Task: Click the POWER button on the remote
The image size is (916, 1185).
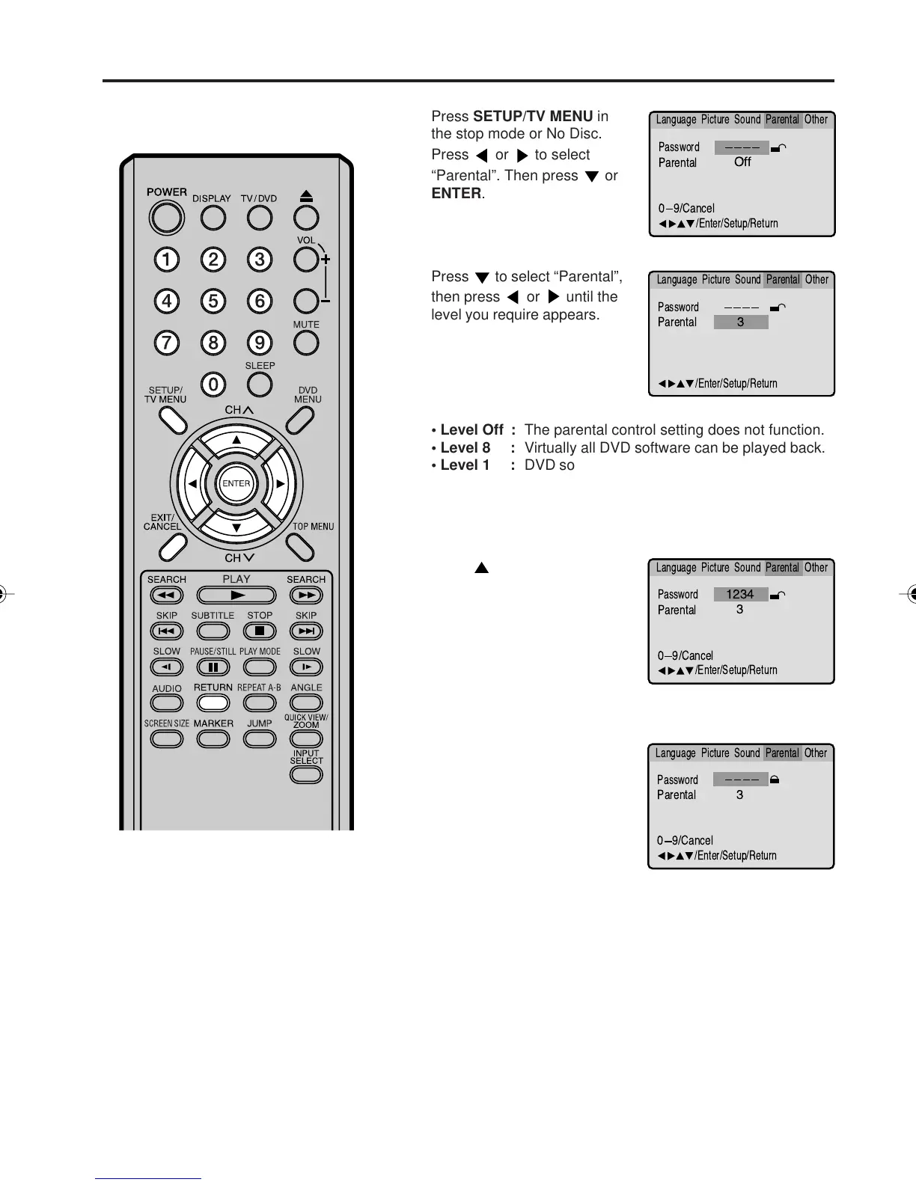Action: coord(166,218)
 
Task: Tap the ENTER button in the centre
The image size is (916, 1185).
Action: coord(236,483)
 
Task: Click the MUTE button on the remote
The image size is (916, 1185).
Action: coord(306,343)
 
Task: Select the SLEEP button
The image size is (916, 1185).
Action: coord(260,385)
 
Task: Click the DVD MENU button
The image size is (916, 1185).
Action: coord(299,420)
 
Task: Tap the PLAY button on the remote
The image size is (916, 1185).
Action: coord(236,595)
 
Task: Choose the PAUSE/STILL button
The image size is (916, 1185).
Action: coord(213,667)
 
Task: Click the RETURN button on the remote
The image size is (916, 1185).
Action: coord(213,703)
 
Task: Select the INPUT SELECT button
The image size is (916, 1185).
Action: coord(306,774)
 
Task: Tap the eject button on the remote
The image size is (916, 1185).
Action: coord(306,217)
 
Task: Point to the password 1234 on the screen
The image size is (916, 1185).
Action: coord(740,594)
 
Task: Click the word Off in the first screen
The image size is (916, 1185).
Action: coord(742,162)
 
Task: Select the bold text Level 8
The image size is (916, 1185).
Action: coord(465,447)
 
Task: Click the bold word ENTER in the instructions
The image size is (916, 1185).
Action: coord(457,193)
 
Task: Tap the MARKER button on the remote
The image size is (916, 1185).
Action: coord(213,738)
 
